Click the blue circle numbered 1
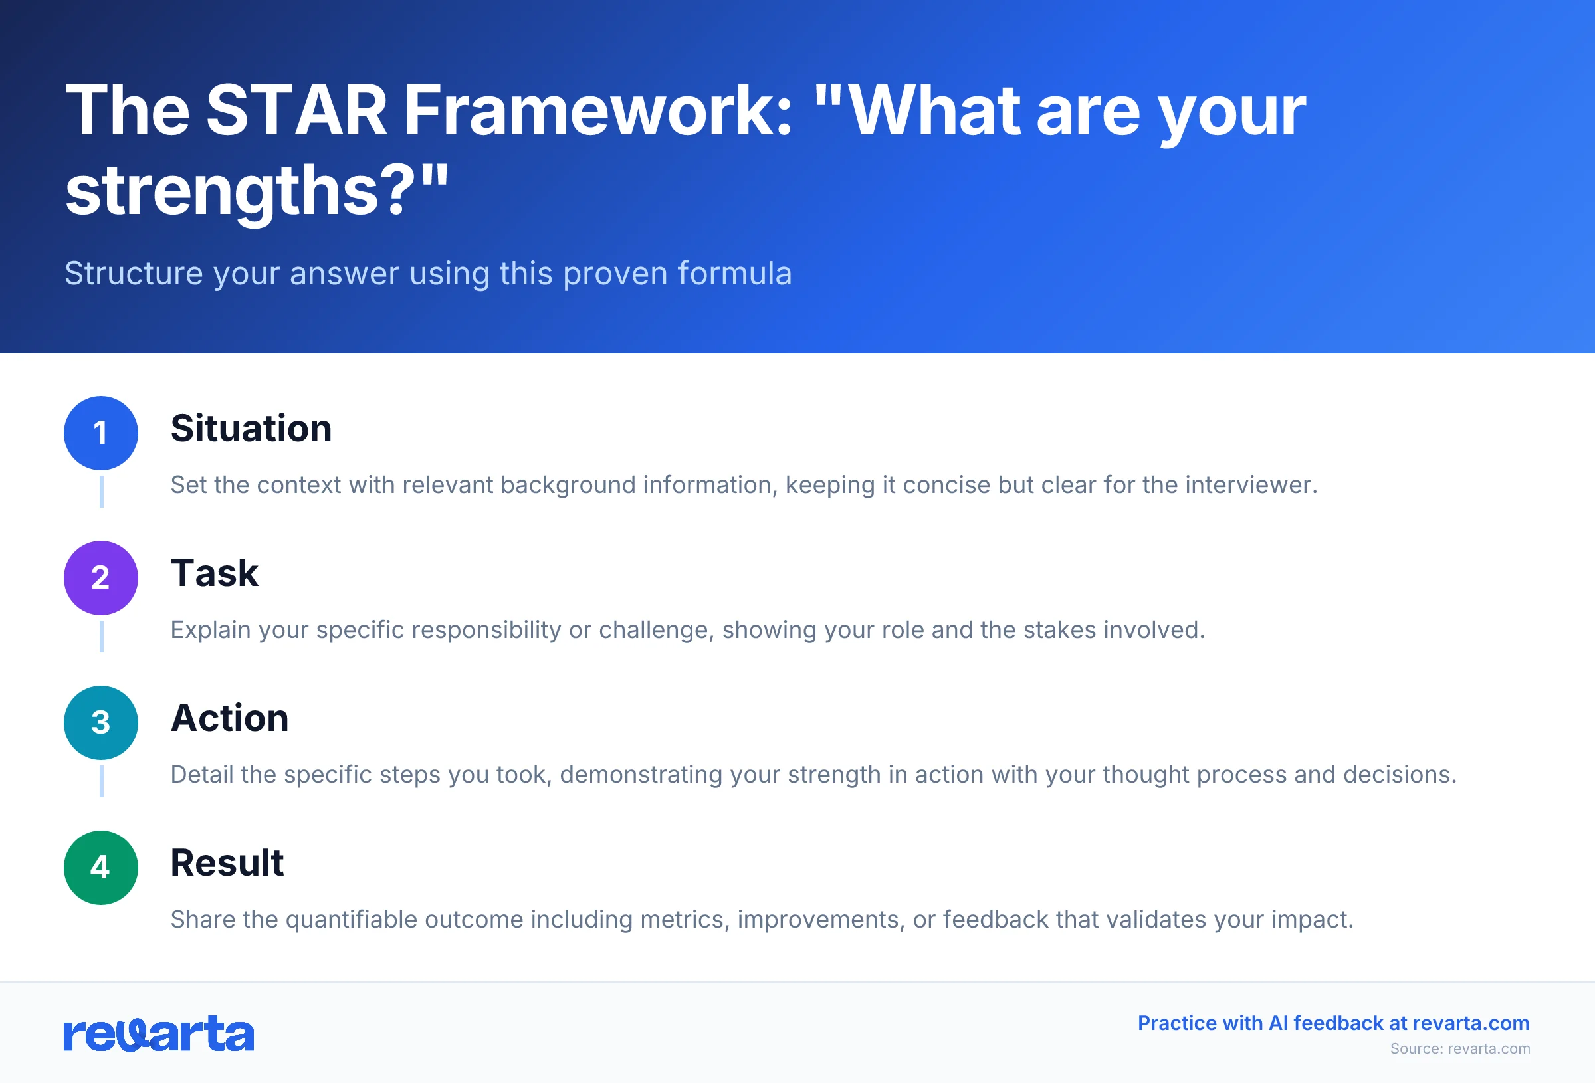click(x=101, y=433)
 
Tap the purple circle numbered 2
click(x=101, y=578)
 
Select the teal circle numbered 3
click(x=101, y=723)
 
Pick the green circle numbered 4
click(x=101, y=868)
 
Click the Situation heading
click(x=251, y=429)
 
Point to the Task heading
click(x=214, y=574)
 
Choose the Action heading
click(x=229, y=719)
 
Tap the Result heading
click(x=227, y=863)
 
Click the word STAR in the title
click(x=296, y=110)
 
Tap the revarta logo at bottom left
click(x=159, y=1034)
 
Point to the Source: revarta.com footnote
click(x=1460, y=1048)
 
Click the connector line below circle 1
click(x=102, y=492)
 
